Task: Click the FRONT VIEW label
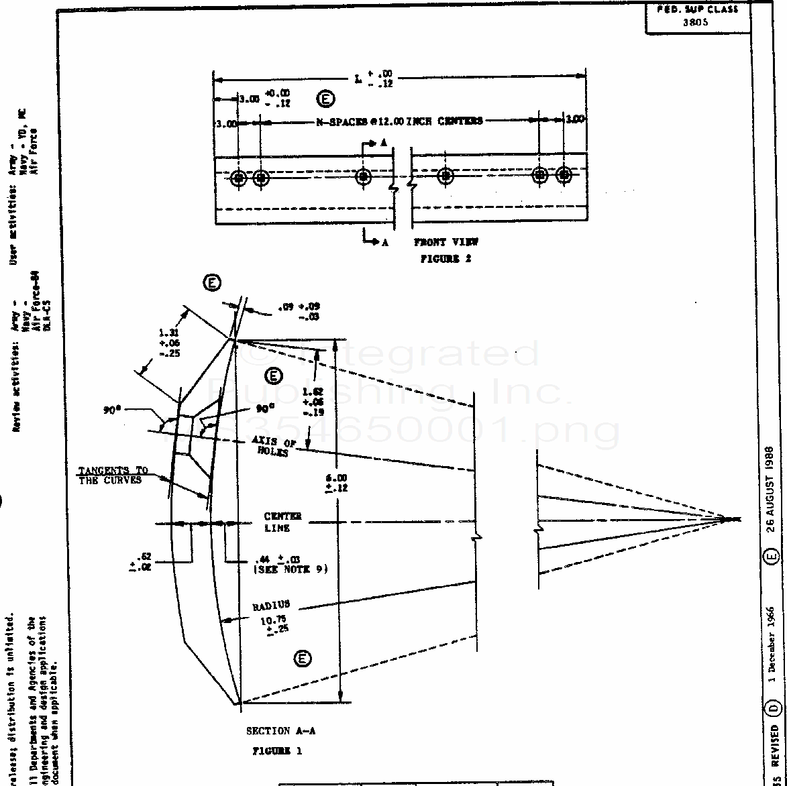[x=446, y=242]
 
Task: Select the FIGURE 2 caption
[x=445, y=258]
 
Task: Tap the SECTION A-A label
[x=280, y=731]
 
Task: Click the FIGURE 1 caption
[x=277, y=750]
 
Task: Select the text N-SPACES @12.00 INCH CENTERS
[x=399, y=121]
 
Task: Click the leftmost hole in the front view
[x=238, y=178]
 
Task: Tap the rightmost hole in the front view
[x=564, y=176]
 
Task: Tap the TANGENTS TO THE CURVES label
[x=113, y=475]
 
